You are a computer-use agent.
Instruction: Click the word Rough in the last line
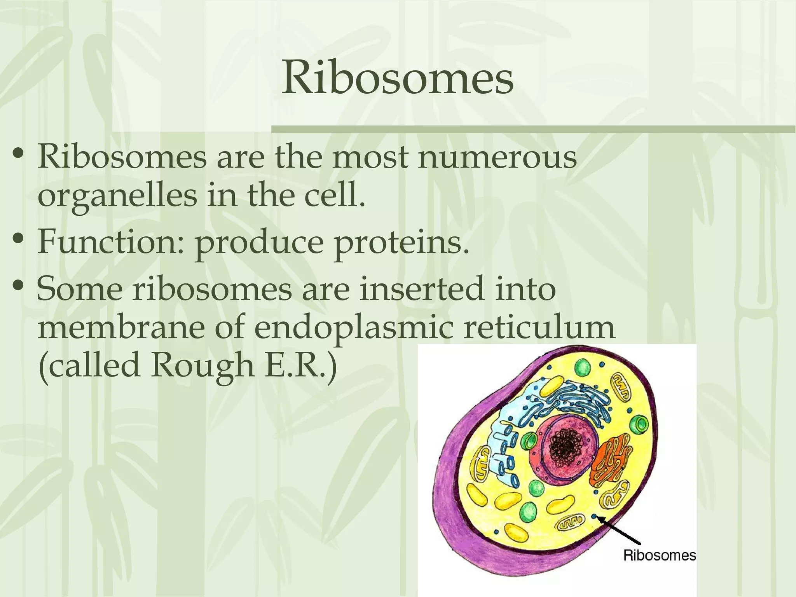coord(202,366)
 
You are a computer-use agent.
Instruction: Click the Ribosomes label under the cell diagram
coord(659,555)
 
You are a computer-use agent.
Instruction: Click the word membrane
coord(121,328)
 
